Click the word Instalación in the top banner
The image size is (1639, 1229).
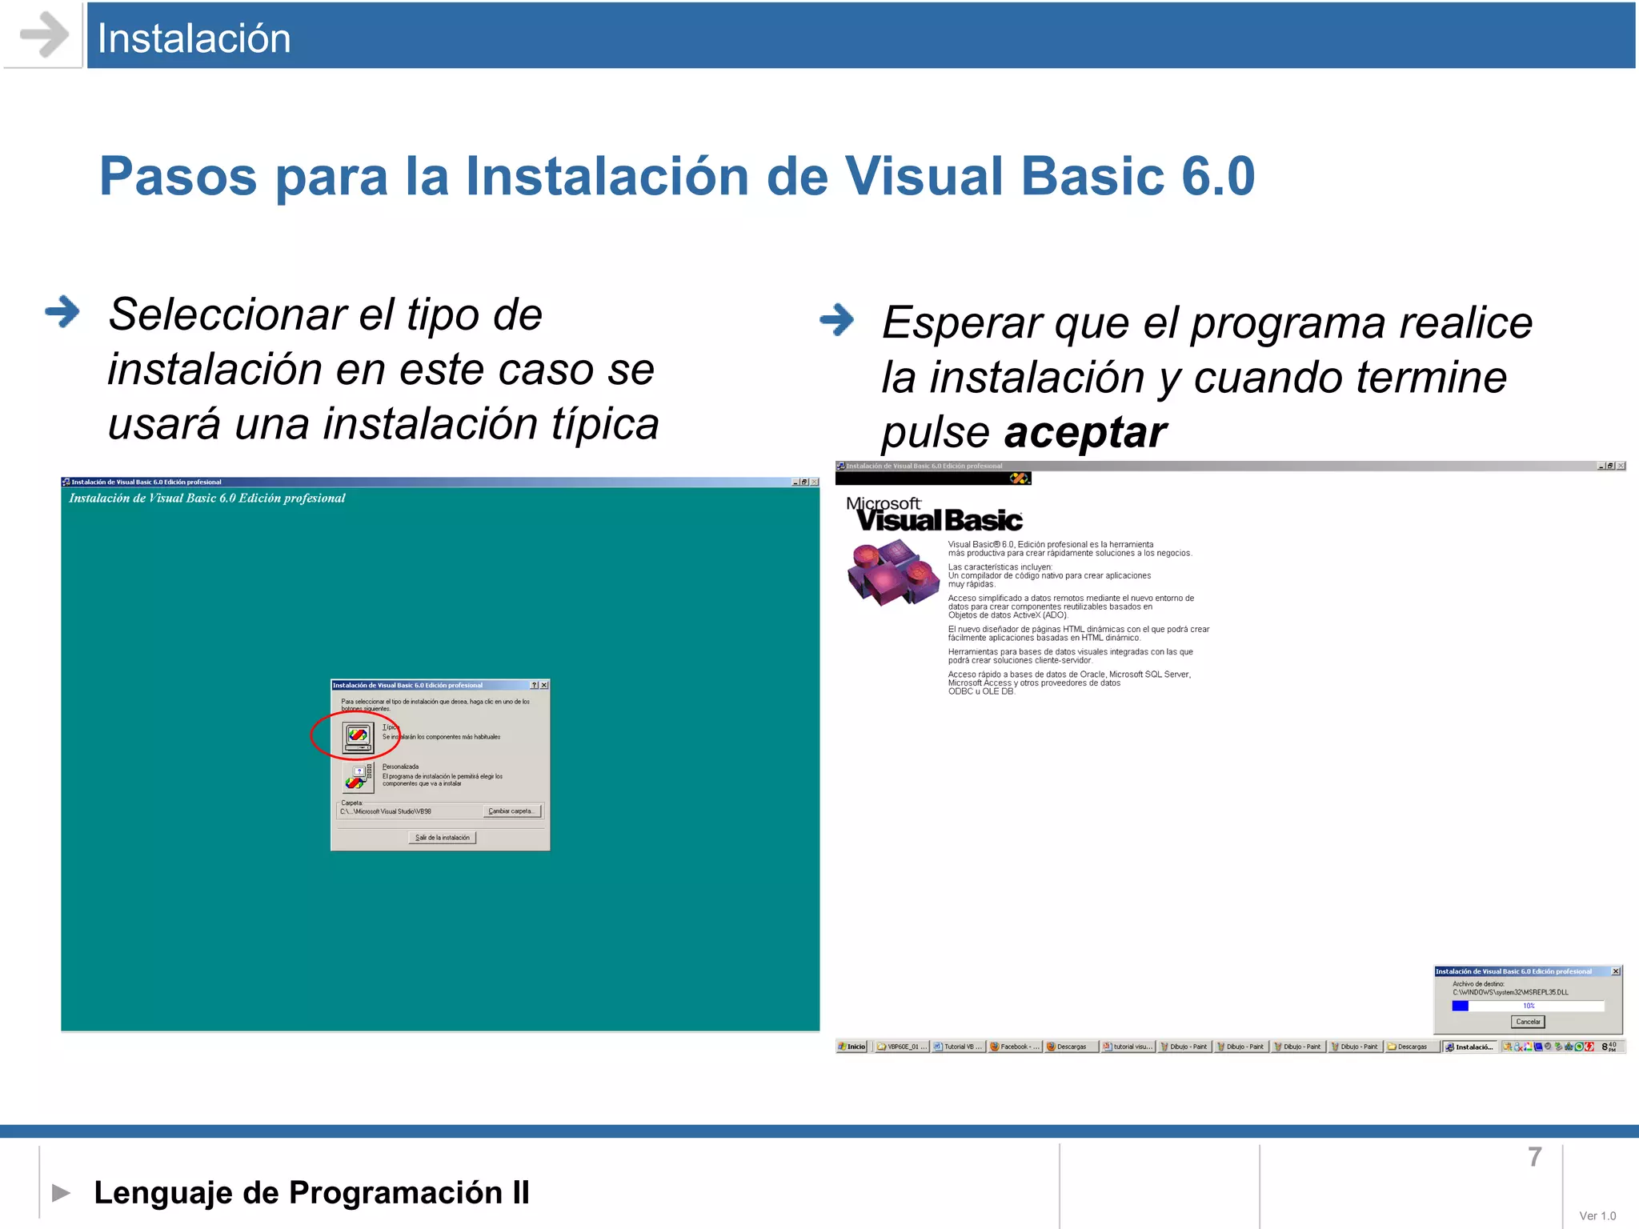(x=194, y=38)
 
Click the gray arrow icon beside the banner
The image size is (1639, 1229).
(x=44, y=34)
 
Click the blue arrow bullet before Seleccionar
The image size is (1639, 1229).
(x=62, y=312)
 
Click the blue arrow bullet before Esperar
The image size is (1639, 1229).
(x=837, y=320)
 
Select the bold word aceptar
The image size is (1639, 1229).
(x=1085, y=433)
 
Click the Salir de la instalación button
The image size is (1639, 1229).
(x=443, y=838)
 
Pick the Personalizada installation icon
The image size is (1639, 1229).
(x=358, y=776)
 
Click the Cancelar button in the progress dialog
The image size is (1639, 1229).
(x=1528, y=1022)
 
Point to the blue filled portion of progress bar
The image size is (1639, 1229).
(x=1460, y=1006)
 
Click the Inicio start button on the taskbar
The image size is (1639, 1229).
(x=853, y=1047)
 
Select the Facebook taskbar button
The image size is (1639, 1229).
(x=1015, y=1047)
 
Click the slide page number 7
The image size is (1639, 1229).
(x=1534, y=1157)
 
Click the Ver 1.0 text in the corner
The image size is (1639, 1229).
(x=1597, y=1215)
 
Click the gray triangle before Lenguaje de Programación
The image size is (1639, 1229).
(x=61, y=1193)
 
